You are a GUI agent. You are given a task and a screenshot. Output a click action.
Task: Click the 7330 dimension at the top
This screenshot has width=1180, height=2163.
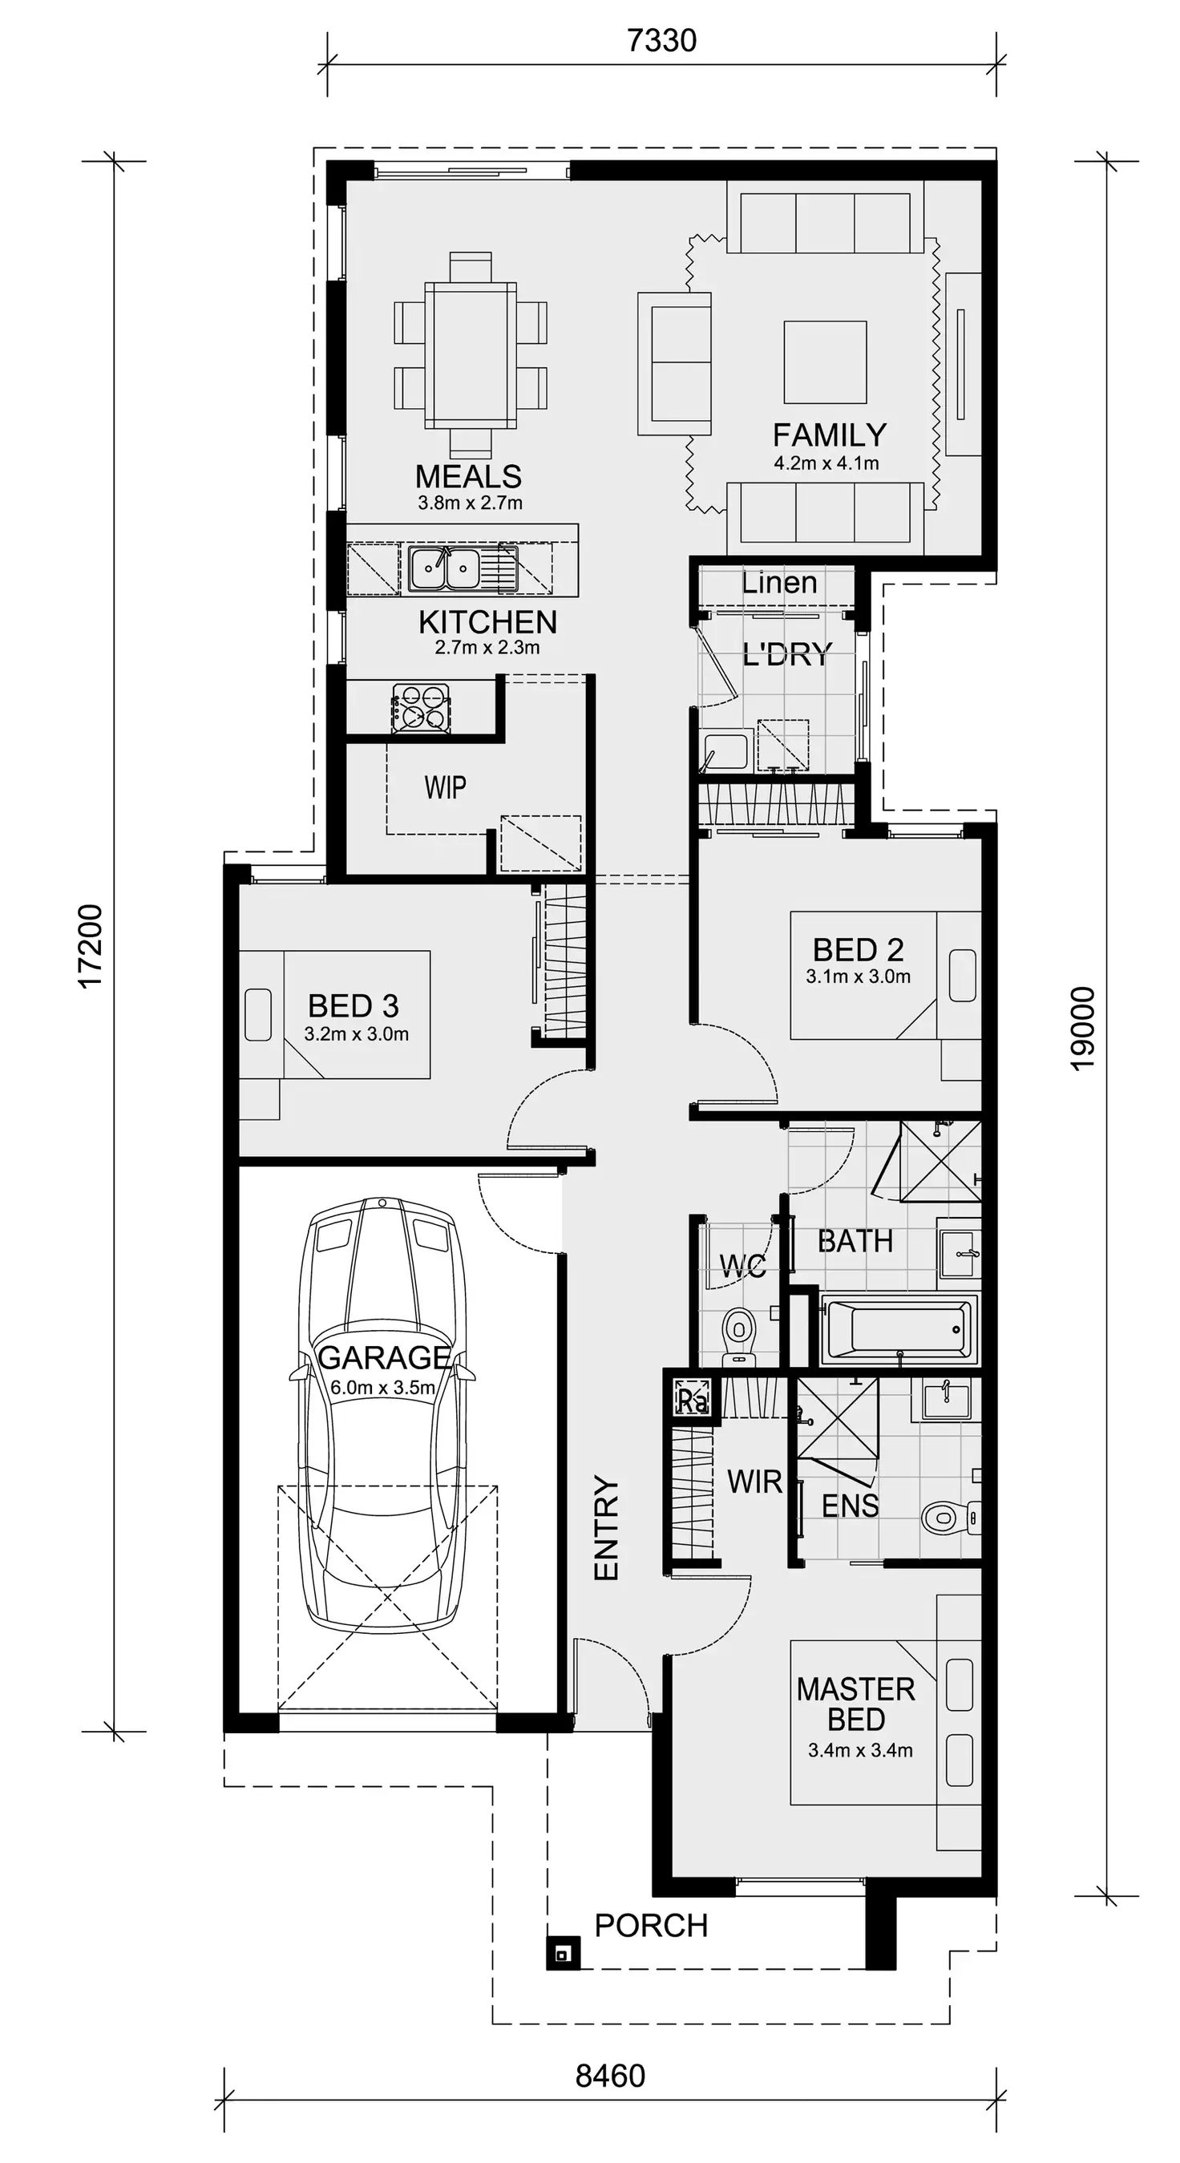click(x=662, y=40)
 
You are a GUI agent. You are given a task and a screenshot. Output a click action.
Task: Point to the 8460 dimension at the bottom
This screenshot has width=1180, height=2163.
click(x=611, y=2076)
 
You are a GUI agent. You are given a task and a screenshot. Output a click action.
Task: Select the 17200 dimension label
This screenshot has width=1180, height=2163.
click(x=91, y=946)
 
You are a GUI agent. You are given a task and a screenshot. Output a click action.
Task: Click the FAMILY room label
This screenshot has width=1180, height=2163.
click(x=829, y=435)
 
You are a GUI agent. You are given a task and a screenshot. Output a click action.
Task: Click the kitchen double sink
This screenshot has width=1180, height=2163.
click(x=445, y=568)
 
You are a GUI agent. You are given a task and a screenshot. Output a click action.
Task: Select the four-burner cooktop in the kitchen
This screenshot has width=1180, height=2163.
click(x=421, y=706)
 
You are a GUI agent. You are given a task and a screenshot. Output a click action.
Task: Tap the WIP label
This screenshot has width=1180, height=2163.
click(x=444, y=787)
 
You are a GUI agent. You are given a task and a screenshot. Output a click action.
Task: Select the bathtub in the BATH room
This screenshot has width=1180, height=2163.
click(x=899, y=1330)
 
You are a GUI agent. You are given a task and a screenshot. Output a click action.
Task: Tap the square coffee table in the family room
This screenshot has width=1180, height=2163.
click(x=826, y=362)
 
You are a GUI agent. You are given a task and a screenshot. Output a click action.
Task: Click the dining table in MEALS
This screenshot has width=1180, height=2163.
click(x=471, y=355)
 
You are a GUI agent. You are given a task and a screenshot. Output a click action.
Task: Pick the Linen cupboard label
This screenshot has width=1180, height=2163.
click(x=778, y=583)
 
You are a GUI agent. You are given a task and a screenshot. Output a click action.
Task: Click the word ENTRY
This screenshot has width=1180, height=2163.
click(x=606, y=1528)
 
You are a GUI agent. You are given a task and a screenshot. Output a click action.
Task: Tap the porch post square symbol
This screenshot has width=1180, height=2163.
click(x=564, y=1955)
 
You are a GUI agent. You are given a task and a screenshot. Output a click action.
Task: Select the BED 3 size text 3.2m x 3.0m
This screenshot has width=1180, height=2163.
click(x=356, y=1034)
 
